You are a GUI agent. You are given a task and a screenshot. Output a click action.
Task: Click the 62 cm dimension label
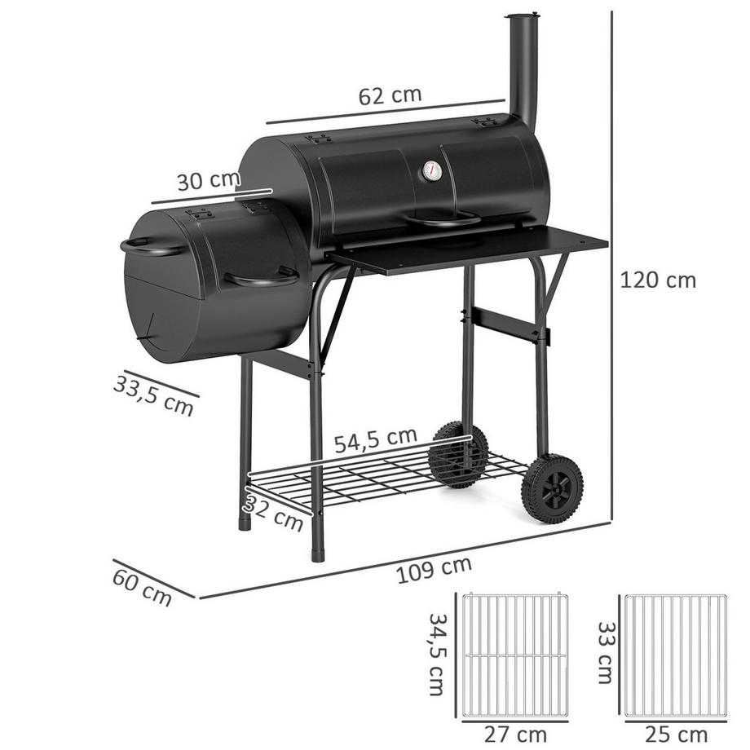tap(390, 95)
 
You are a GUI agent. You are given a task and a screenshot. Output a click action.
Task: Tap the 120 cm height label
tap(658, 280)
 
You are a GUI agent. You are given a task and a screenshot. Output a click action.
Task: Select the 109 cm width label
tap(434, 570)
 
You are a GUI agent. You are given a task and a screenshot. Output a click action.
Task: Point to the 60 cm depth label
tap(143, 583)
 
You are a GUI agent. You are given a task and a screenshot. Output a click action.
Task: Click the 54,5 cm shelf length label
tap(376, 439)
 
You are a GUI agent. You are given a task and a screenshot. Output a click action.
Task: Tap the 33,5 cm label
tap(154, 394)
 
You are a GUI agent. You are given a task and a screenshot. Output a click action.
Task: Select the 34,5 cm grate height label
tap(438, 655)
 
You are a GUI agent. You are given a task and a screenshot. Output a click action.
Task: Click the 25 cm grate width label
tap(674, 734)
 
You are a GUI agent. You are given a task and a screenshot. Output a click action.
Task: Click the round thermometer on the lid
tap(432, 171)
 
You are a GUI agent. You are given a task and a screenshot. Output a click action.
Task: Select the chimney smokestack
tap(522, 69)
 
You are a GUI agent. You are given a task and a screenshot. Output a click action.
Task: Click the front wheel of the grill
tap(552, 488)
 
